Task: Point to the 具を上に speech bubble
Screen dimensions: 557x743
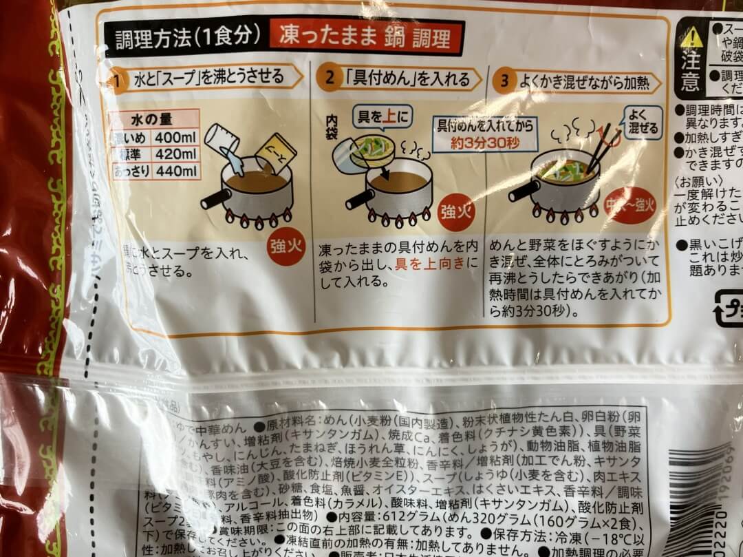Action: coord(380,118)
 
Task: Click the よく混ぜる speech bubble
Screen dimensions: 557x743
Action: coord(643,121)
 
